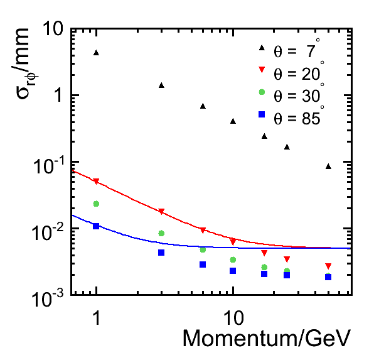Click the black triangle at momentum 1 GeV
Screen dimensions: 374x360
96,53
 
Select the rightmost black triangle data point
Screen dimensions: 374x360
328,166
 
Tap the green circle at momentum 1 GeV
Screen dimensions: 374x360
96,204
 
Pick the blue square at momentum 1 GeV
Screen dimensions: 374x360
96,226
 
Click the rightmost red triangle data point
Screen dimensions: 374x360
328,266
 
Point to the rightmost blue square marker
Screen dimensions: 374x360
328,277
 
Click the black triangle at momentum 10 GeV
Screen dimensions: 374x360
233,121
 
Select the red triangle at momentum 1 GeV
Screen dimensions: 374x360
96,182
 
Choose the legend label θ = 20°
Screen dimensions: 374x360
299,71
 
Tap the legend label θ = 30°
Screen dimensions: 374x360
299,94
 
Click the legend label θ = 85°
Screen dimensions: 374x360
299,116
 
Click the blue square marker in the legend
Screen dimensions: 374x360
262,114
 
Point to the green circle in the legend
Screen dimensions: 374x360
262,92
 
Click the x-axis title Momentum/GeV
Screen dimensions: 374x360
267,338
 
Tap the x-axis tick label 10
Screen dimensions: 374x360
233,318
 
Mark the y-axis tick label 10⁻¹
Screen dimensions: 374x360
49,165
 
